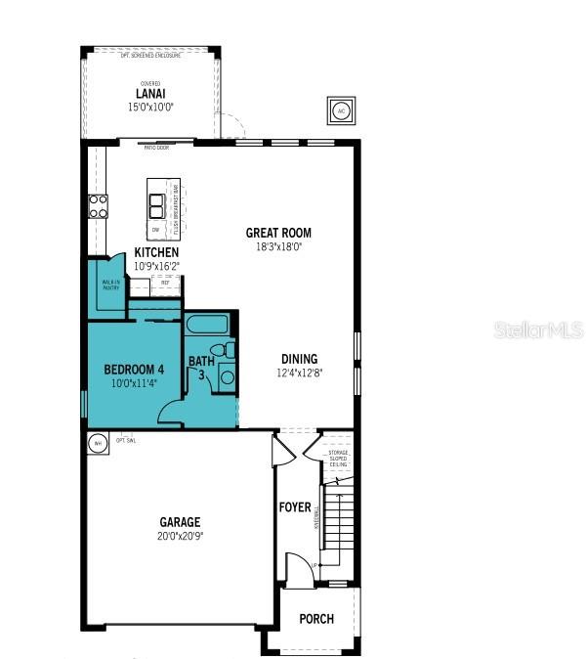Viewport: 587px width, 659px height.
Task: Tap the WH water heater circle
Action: [97, 443]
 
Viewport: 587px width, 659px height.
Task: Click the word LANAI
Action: [149, 95]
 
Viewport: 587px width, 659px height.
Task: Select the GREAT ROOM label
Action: [278, 233]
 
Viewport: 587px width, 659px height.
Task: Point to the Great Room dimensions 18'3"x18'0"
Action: [278, 247]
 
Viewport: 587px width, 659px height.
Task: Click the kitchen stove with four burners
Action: [99, 205]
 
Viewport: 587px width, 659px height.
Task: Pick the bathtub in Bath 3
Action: [206, 325]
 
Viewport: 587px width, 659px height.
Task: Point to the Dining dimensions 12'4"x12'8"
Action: [300, 373]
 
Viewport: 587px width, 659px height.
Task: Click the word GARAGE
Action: [181, 522]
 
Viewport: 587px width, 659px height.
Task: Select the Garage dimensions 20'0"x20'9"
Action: [181, 536]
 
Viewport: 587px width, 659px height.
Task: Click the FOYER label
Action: [295, 507]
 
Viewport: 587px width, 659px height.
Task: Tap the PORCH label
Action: [316, 619]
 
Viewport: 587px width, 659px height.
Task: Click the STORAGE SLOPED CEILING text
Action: [337, 459]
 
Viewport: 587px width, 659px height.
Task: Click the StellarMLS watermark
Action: [539, 330]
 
